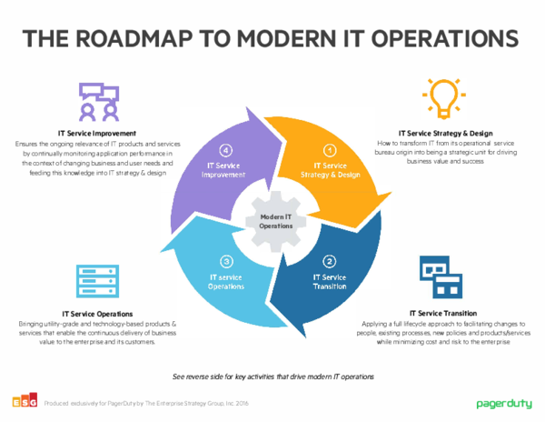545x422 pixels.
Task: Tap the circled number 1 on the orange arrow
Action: click(330, 150)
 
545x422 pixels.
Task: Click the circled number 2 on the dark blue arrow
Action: click(330, 262)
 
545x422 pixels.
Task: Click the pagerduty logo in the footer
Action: click(502, 402)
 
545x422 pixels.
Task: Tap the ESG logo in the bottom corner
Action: click(22, 401)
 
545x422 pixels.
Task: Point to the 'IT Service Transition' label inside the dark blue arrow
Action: click(329, 280)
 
